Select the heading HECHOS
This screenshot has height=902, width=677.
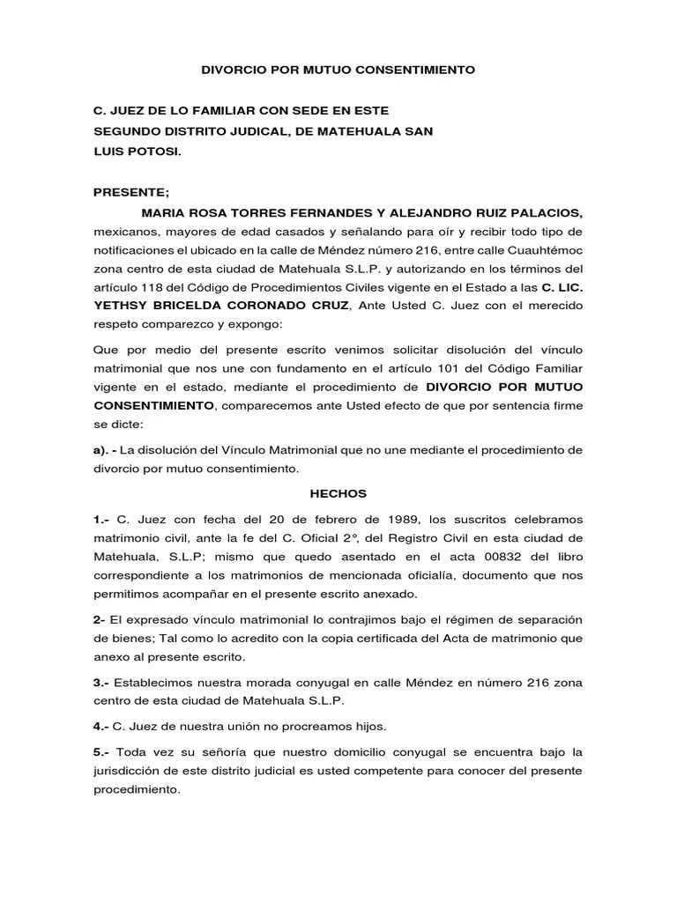point(338,495)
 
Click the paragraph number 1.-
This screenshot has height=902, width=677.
point(101,520)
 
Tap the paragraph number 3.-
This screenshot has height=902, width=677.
point(101,682)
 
